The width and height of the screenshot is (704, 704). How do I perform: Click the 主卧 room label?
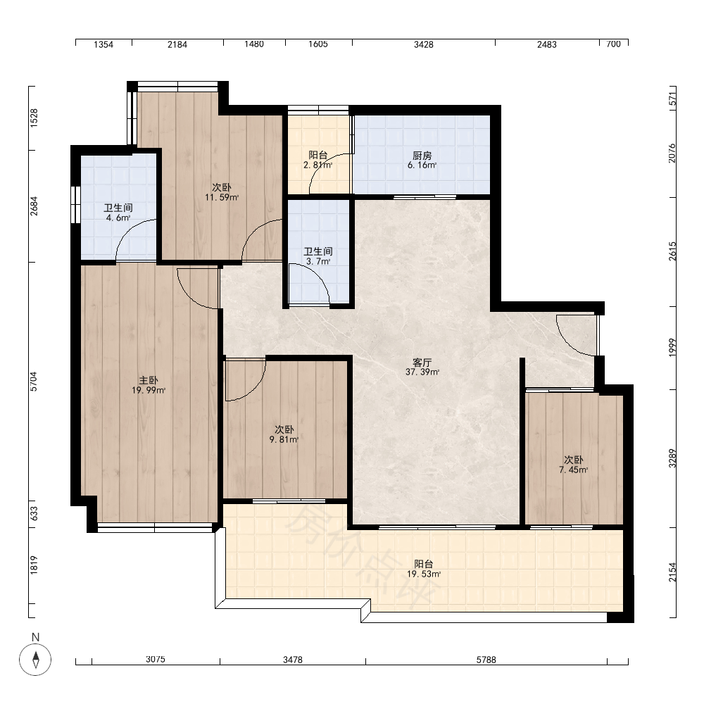(x=149, y=381)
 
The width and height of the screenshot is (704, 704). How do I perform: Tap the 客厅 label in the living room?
(x=422, y=363)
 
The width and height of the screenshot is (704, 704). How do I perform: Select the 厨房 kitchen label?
(x=422, y=156)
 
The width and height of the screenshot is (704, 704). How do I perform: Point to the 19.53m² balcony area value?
(x=423, y=574)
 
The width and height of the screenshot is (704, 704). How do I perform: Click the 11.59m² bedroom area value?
(x=221, y=197)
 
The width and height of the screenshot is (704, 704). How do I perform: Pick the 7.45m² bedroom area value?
(x=573, y=470)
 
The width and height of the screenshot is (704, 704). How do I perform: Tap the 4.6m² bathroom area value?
(x=118, y=218)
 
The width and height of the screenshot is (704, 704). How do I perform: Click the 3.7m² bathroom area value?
(x=318, y=261)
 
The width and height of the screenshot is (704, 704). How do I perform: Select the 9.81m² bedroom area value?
(x=284, y=439)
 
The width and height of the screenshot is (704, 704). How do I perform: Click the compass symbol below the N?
(x=35, y=660)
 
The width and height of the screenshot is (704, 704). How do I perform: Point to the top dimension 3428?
(x=423, y=44)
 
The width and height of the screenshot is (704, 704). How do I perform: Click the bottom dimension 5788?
(x=486, y=660)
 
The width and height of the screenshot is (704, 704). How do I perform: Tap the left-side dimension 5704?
(x=34, y=381)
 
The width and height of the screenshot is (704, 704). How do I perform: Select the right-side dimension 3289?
(x=672, y=458)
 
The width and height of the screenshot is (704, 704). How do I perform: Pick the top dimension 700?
(x=613, y=44)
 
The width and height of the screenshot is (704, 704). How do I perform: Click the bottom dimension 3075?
(x=156, y=659)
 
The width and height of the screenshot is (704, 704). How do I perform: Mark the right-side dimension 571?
(x=672, y=99)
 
